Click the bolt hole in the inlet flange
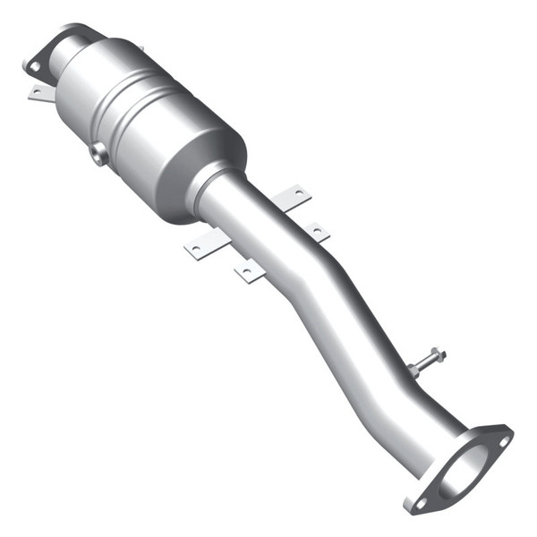pyautogui.click(x=34, y=65)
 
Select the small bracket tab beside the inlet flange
pyautogui.click(x=40, y=91)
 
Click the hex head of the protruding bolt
pyautogui.click(x=436, y=352)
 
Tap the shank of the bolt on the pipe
pyautogui.click(x=425, y=359)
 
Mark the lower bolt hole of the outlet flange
pyautogui.click(x=421, y=503)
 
